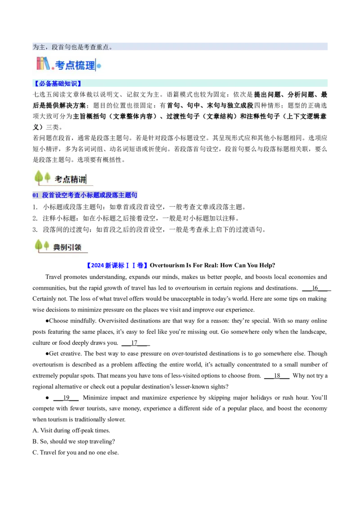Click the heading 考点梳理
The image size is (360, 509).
click(x=75, y=65)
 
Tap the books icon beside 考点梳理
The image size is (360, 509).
click(x=43, y=64)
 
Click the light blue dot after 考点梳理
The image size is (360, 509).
click(x=99, y=66)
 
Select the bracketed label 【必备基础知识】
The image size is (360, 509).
click(x=57, y=84)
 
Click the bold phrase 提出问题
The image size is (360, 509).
click(x=267, y=95)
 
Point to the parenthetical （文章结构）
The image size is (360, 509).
click(x=218, y=116)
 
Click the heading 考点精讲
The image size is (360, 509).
click(x=70, y=179)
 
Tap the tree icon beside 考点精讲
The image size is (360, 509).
click(x=42, y=177)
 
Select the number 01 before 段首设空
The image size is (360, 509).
click(x=36, y=195)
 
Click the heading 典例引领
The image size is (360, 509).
click(x=67, y=247)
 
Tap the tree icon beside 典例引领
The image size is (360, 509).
click(x=42, y=246)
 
